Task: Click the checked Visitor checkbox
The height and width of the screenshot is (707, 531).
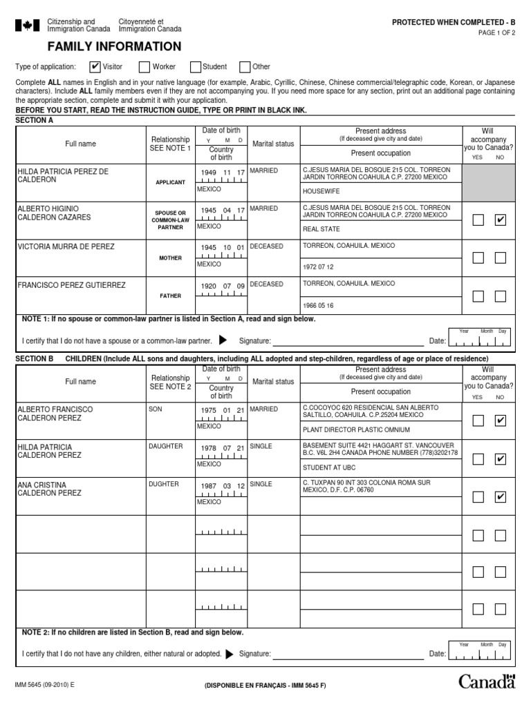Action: tap(95, 67)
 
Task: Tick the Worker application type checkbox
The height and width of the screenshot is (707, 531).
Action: tap(145, 67)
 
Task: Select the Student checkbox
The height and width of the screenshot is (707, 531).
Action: tap(196, 67)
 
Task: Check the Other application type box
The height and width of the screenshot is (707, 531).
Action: tap(245, 67)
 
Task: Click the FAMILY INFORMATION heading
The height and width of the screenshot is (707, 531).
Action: tap(114, 47)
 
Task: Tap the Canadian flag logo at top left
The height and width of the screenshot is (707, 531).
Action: tap(27, 26)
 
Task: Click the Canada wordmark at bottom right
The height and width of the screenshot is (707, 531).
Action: tap(487, 682)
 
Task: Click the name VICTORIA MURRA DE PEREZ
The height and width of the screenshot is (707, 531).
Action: tap(66, 246)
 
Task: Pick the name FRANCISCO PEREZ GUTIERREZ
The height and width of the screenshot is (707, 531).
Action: tap(71, 284)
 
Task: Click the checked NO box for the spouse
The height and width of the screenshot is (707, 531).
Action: tap(501, 220)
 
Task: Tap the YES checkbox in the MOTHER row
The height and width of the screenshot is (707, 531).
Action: tap(478, 258)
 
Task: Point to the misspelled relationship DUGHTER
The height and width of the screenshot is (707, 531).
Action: tap(163, 485)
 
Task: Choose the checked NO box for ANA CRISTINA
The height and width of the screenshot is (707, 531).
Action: tap(501, 496)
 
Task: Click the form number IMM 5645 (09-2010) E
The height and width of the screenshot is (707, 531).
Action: tap(44, 684)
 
